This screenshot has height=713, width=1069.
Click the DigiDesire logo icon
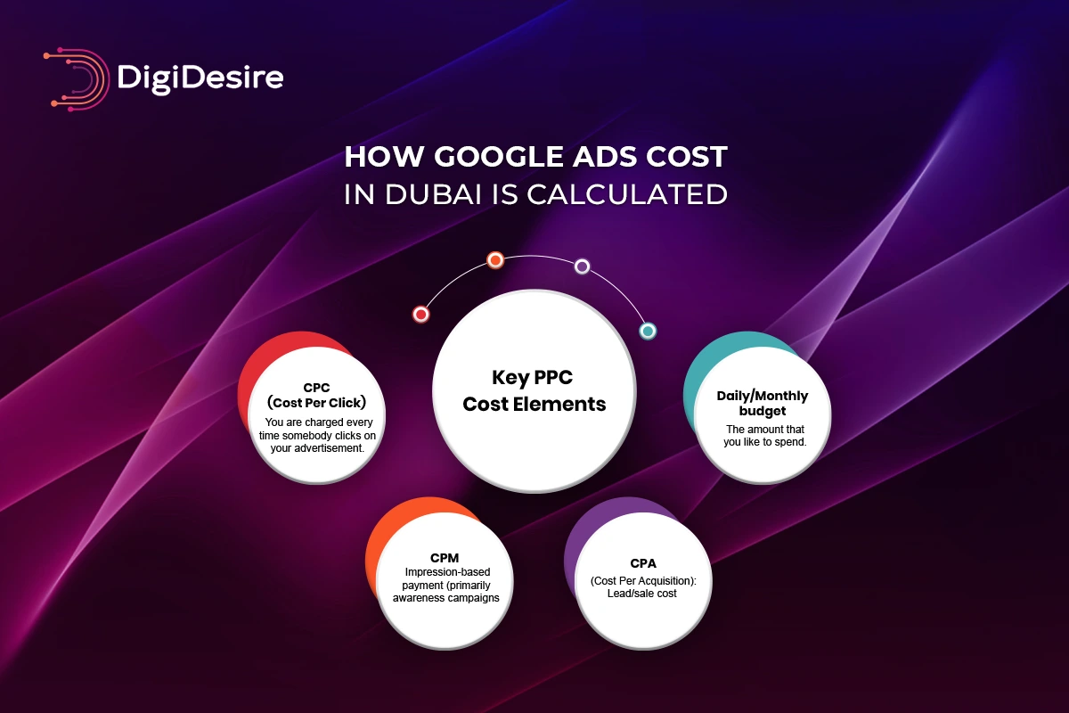76,78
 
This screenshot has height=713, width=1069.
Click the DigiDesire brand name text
200,78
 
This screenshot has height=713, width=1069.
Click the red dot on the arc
421,314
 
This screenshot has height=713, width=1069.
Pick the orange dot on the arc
495,260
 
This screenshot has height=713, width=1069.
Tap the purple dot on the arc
582,266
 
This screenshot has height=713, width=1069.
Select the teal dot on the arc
648,331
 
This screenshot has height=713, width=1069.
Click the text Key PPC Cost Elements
534,390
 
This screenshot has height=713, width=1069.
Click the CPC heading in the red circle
316,388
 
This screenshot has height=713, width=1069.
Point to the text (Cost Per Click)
316,402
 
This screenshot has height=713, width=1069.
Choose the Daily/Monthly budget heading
763,404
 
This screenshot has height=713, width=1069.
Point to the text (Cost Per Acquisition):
643,581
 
